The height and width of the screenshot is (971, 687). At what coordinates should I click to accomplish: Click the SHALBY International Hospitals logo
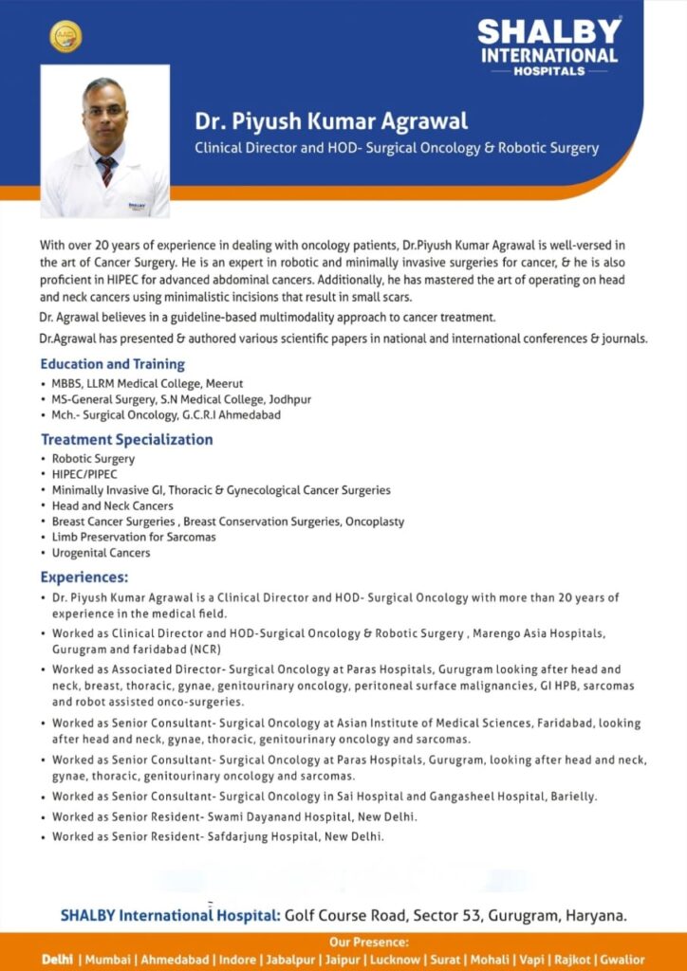click(x=549, y=46)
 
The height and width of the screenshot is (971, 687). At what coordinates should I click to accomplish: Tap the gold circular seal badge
click(x=65, y=37)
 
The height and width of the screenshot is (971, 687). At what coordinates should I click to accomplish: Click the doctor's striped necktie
click(x=107, y=171)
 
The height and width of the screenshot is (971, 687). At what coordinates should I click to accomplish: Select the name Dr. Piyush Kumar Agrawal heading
click(x=331, y=121)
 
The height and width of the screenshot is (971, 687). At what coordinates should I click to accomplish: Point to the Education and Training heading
click(x=112, y=364)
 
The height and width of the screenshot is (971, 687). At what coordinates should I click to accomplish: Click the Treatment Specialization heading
click(x=126, y=439)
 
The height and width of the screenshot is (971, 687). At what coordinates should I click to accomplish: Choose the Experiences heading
click(x=84, y=577)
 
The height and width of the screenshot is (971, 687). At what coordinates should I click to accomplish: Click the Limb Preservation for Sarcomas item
click(x=134, y=537)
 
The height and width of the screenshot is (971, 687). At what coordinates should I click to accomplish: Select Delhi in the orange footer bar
click(x=57, y=960)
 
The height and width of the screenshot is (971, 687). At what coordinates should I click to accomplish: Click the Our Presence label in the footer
click(x=368, y=943)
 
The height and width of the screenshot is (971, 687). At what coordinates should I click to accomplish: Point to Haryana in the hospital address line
click(x=595, y=916)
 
